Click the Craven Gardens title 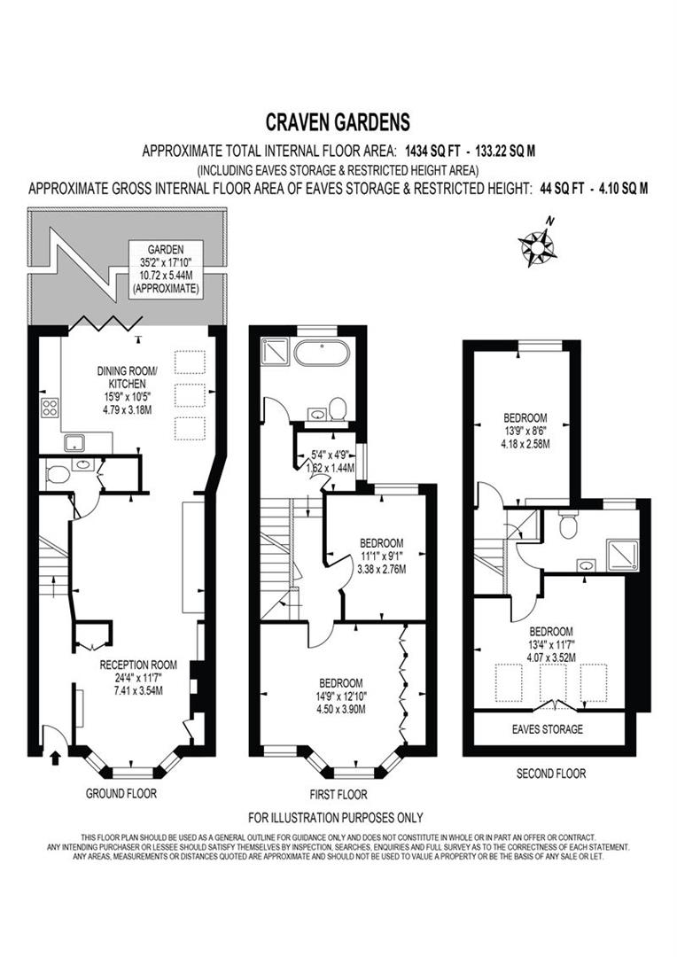[338, 121]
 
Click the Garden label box [164, 269]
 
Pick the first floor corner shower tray [269, 353]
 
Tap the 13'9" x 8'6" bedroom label [525, 430]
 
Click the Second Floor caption [550, 774]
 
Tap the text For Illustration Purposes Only [335, 817]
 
